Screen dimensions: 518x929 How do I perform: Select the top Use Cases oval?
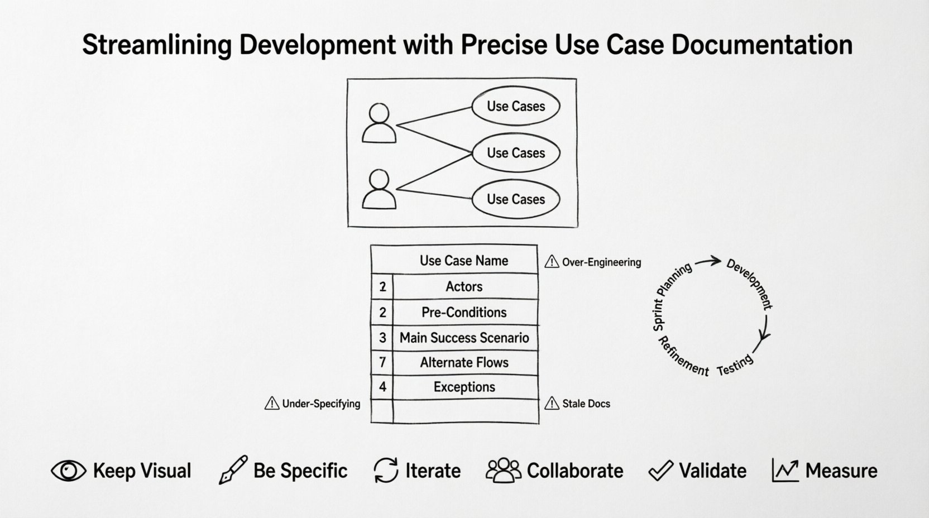[515, 107]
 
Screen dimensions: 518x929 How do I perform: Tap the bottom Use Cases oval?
[515, 199]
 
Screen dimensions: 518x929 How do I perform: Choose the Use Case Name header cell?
[463, 261]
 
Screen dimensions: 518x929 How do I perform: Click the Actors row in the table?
[464, 286]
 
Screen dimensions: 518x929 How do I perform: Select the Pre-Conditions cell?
[464, 312]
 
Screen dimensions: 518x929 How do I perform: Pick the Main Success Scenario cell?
[464, 338]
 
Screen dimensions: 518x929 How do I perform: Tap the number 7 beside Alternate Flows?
[382, 362]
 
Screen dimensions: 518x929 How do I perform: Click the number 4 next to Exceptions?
[382, 387]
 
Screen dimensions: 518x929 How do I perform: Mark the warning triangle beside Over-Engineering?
[552, 261]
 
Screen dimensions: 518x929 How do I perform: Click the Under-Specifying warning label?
[321, 404]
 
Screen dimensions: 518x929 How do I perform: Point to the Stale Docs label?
[586, 404]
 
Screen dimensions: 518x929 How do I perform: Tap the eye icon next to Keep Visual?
[69, 471]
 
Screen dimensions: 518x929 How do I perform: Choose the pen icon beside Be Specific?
[233, 470]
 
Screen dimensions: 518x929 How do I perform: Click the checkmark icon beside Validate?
[660, 471]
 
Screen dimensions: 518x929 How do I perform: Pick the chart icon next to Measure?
[785, 471]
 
